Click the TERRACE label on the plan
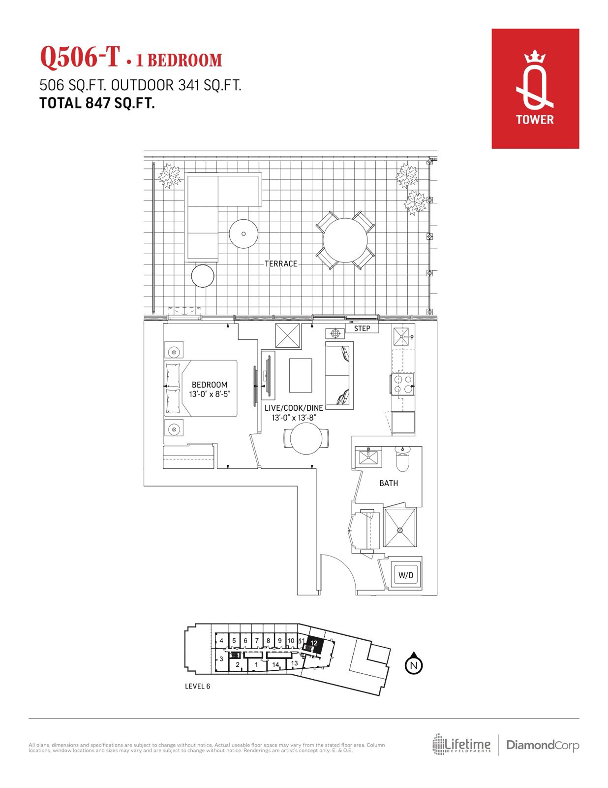(x=281, y=263)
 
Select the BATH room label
(x=389, y=483)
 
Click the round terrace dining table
(x=345, y=240)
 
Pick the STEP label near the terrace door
(x=362, y=328)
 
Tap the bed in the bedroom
(x=201, y=388)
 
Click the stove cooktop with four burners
(x=403, y=384)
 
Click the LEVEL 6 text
(x=197, y=686)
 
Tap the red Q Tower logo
(x=535, y=89)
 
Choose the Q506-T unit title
(x=80, y=57)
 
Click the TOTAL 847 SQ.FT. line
(x=97, y=103)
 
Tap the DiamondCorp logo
(x=543, y=745)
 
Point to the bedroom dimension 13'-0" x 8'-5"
(x=210, y=394)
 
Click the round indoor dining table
(x=306, y=439)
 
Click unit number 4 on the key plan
(x=221, y=641)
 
